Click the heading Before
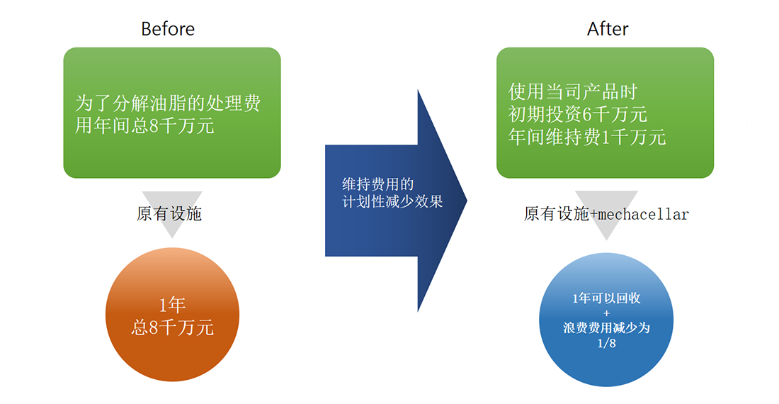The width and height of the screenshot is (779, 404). pos(168,29)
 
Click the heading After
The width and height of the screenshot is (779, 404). pos(608,29)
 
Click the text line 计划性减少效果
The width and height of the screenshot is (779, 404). pos(392,202)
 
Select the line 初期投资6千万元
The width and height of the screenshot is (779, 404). pos(578,114)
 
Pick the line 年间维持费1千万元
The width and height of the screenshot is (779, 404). pos(587,137)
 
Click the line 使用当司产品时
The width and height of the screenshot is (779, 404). pos(572,91)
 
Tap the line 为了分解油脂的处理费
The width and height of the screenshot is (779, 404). pos(168,103)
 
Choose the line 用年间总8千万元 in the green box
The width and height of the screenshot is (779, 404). pos(144,127)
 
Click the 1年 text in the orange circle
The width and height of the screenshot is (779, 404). pos(172,305)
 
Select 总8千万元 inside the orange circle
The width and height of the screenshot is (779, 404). pos(172,327)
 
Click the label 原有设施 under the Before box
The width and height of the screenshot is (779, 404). pos(169,214)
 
